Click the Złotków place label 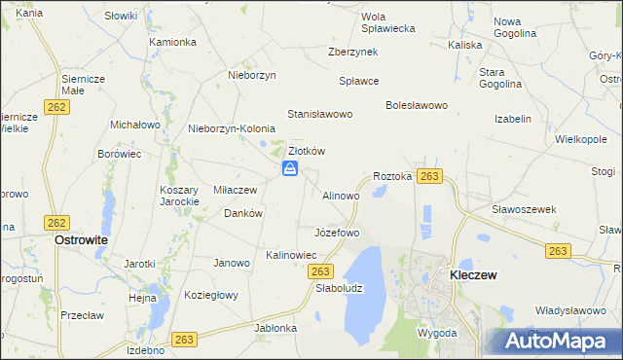pyautogui.click(x=306, y=151)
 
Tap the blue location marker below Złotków pyautogui.click(x=290, y=169)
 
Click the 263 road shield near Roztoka pyautogui.click(x=431, y=176)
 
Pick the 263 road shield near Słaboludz pyautogui.click(x=324, y=271)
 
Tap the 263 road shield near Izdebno pyautogui.click(x=184, y=339)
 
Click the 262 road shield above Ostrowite pyautogui.click(x=56, y=223)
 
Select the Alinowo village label pyautogui.click(x=341, y=196)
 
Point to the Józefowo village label pyautogui.click(x=337, y=234)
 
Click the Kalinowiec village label pyautogui.click(x=292, y=255)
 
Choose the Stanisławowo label pyautogui.click(x=318, y=114)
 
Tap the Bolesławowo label pyautogui.click(x=416, y=105)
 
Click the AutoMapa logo pyautogui.click(x=561, y=341)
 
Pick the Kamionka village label pyautogui.click(x=173, y=43)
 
